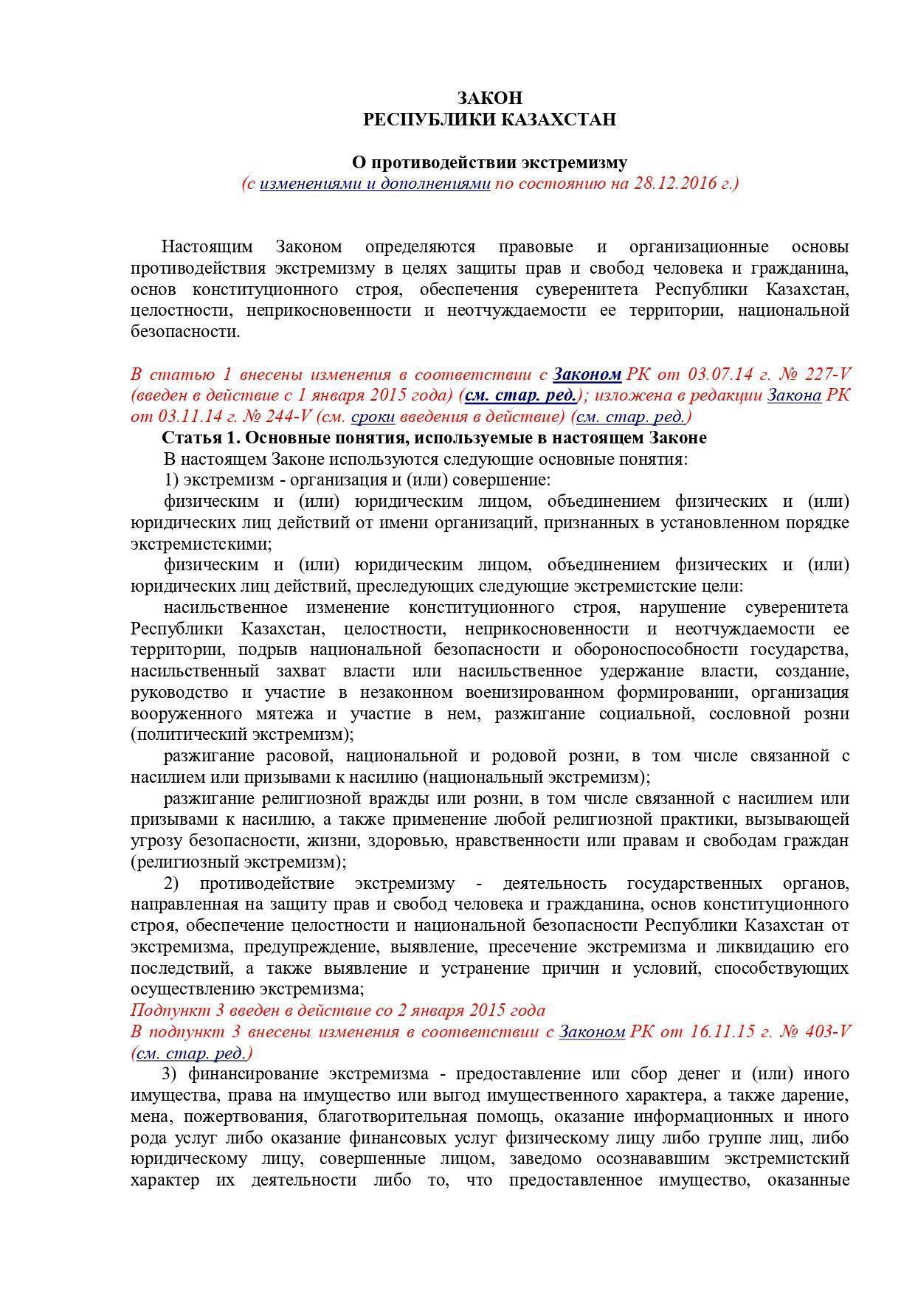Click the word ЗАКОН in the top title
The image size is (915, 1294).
[489, 98]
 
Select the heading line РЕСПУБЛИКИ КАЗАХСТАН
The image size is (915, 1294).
[489, 120]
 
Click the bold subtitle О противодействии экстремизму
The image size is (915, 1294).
[489, 162]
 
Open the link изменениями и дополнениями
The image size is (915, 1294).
[375, 183]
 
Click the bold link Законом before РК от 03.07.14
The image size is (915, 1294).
[587, 374]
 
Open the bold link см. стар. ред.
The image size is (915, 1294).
[520, 395]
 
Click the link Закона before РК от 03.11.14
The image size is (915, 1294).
[794, 395]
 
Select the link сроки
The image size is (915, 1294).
[373, 417]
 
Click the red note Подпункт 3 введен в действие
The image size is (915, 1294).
[337, 1011]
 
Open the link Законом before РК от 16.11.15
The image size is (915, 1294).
[592, 1031]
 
